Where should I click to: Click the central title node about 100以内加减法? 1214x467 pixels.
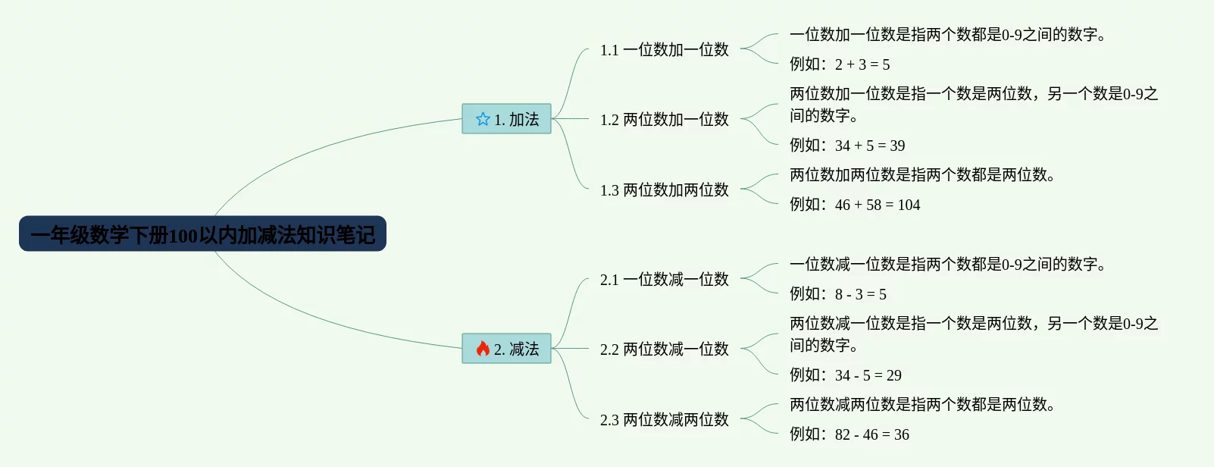pos(202,234)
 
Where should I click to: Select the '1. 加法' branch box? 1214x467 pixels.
pos(506,119)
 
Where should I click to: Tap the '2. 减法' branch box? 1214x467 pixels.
pos(506,349)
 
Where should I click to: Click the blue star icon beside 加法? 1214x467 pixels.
pos(483,119)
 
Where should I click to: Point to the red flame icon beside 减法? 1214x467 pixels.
pos(483,349)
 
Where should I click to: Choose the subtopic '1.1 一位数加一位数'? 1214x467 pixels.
pos(664,50)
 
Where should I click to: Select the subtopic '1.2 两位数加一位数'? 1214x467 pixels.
pos(664,120)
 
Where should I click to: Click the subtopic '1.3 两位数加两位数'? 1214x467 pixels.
pos(664,190)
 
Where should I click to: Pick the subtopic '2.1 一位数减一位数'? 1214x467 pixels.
pos(664,280)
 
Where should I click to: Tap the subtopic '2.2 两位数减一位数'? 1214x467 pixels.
pos(664,349)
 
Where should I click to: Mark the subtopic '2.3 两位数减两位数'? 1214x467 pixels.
pos(664,420)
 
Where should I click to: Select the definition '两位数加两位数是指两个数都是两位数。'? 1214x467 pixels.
pos(922,175)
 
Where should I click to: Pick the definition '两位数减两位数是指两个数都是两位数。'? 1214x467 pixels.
pos(922,405)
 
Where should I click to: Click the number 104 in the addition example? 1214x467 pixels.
pos(909,205)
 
